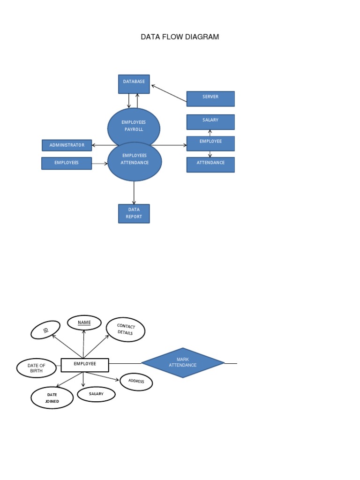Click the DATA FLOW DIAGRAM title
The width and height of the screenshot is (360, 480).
click(x=180, y=37)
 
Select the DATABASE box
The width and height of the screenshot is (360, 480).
click(x=134, y=84)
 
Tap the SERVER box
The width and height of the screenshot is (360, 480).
click(x=210, y=99)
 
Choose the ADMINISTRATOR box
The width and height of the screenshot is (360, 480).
click(x=67, y=145)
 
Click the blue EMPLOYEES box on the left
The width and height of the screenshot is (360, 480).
click(x=67, y=163)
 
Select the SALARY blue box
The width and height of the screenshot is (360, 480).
click(x=210, y=122)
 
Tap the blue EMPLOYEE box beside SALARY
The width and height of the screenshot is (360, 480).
click(x=210, y=143)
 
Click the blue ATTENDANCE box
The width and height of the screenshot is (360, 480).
click(x=210, y=165)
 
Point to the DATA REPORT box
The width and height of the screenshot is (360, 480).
click(x=134, y=213)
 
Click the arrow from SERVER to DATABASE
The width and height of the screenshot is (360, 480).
click(x=169, y=93)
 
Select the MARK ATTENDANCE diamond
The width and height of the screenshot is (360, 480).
click(x=183, y=362)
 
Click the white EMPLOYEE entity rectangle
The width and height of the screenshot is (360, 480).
click(x=85, y=365)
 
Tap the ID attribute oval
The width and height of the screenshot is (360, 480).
click(x=45, y=330)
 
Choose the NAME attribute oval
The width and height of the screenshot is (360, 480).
click(x=84, y=322)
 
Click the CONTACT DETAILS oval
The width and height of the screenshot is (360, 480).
click(x=126, y=330)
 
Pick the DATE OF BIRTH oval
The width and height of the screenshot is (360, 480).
click(x=36, y=368)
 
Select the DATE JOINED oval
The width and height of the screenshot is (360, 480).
click(x=52, y=397)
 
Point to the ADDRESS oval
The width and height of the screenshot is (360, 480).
click(x=136, y=382)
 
